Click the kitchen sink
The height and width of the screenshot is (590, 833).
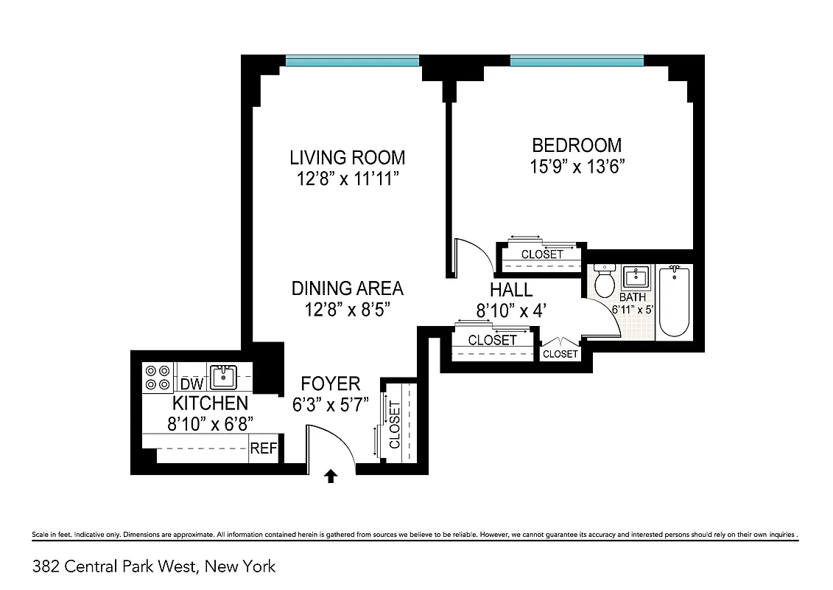click(x=222, y=377)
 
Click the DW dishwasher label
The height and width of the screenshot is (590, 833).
click(x=191, y=384)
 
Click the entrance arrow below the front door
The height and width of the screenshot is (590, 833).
click(x=331, y=477)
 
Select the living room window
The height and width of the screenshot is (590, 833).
click(x=352, y=61)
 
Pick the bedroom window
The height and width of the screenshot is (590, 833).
click(x=576, y=61)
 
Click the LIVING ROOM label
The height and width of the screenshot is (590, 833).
click(x=347, y=157)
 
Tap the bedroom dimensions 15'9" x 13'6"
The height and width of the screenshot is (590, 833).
click(x=577, y=166)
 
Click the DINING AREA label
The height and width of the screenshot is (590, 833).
click(x=347, y=288)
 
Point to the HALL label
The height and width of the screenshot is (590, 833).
click(x=511, y=291)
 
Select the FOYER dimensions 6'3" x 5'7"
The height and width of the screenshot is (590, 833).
click(x=331, y=403)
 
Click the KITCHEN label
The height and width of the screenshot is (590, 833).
click(x=210, y=403)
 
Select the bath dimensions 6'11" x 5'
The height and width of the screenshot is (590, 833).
click(x=633, y=310)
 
